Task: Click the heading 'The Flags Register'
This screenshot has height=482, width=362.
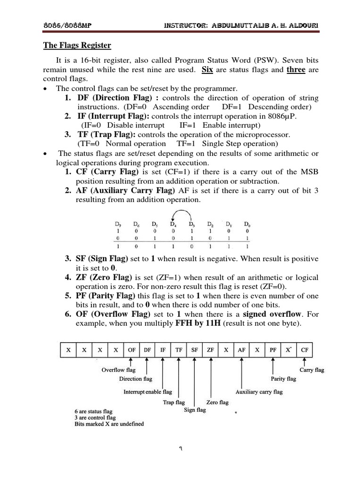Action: (x=77, y=46)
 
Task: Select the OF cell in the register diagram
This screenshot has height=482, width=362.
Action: (x=132, y=350)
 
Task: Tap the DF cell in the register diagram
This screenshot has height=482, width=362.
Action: (x=147, y=350)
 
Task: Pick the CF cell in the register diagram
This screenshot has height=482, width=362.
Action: (x=304, y=350)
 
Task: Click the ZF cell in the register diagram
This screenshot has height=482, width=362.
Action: (x=210, y=350)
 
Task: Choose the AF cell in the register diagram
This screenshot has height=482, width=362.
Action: (x=242, y=350)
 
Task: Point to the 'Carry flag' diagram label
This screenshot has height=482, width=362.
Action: (x=312, y=370)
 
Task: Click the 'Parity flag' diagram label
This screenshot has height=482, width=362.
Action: (x=283, y=379)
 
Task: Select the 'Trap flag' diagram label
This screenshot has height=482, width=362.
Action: (x=174, y=402)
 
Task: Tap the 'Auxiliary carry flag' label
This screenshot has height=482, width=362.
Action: (x=259, y=392)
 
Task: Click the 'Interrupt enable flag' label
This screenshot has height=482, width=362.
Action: (x=148, y=392)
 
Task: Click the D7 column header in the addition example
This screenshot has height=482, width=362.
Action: (x=118, y=224)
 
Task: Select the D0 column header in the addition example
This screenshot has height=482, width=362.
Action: (x=247, y=224)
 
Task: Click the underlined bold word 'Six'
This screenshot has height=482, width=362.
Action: (x=207, y=70)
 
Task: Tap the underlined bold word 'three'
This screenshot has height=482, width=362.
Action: (x=296, y=70)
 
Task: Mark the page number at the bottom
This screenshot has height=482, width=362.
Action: (x=181, y=448)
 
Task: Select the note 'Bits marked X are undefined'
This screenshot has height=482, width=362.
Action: (x=109, y=424)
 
